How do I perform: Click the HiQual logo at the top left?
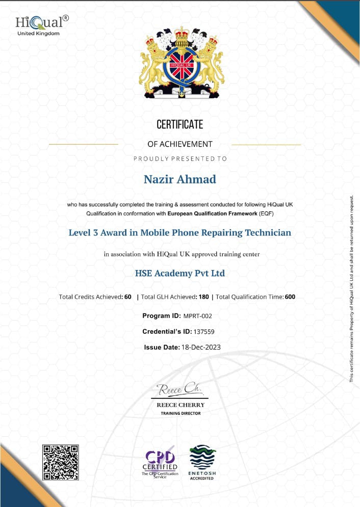(41, 25)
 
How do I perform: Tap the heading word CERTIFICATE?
(179, 124)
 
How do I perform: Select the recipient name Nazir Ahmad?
(179, 179)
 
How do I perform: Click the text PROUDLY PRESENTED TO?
(180, 158)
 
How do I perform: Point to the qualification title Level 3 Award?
(180, 233)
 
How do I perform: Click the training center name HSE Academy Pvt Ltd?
(179, 273)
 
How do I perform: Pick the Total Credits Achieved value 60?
(128, 297)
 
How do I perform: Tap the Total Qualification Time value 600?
(290, 297)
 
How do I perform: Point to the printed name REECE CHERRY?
(181, 405)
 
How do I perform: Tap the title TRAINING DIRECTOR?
(181, 413)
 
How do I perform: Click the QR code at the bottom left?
(60, 462)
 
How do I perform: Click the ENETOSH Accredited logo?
(202, 462)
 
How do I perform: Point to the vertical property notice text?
(351, 288)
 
